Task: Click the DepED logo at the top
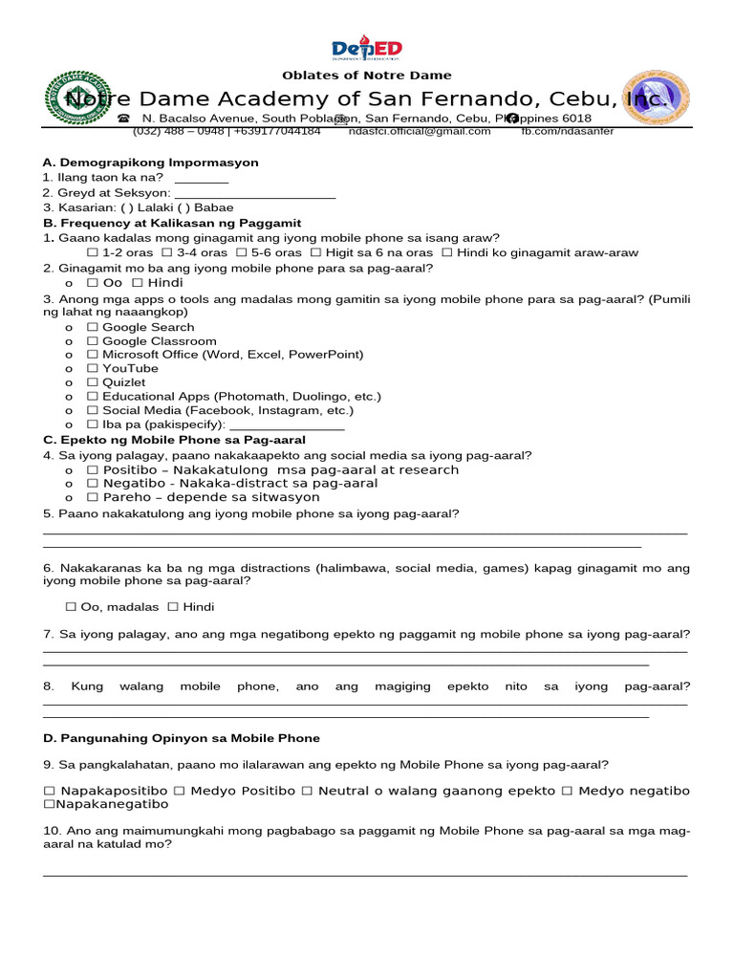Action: tap(367, 49)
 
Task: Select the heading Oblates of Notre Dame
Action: tap(367, 76)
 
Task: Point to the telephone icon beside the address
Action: tap(123, 119)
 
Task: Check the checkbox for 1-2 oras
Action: tap(92, 253)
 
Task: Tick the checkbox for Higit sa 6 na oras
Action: tap(316, 253)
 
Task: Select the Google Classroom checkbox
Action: tap(92, 341)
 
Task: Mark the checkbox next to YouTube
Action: tap(92, 369)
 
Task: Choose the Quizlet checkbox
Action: tap(92, 382)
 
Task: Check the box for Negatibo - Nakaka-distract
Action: tap(92, 484)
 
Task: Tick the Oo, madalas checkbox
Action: tap(71, 607)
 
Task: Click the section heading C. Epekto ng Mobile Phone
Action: tap(174, 440)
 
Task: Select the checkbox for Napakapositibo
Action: tap(50, 792)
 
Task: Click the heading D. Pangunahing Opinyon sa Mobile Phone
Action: tap(182, 739)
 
